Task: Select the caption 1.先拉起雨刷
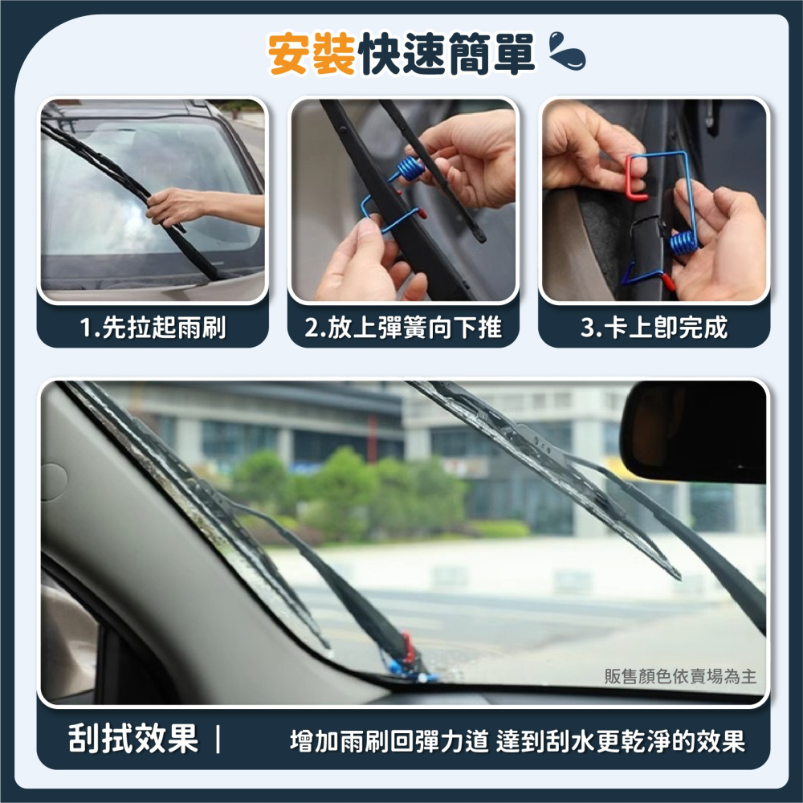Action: point(153,328)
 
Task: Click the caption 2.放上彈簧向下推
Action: point(403,328)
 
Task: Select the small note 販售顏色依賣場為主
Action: point(680,677)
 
